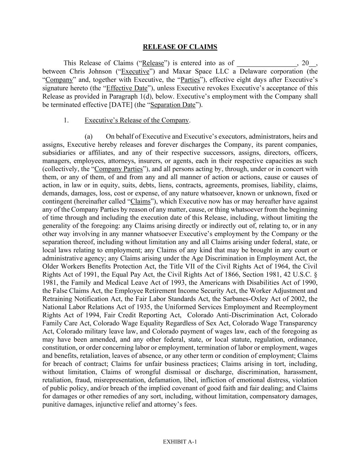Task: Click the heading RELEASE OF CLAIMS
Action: pyautogui.click(x=180, y=47)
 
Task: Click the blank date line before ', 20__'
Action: pyautogui.click(x=267, y=63)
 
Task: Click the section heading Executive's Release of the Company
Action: pyautogui.click(x=137, y=121)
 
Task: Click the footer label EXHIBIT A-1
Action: pyautogui.click(x=180, y=442)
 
